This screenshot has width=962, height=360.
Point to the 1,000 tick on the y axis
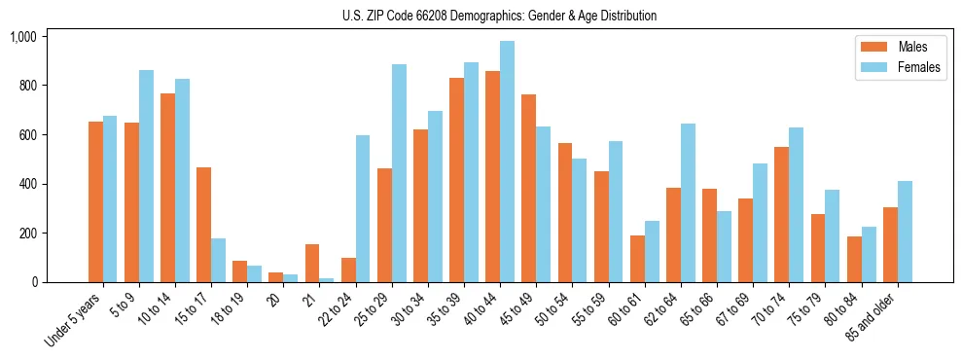click(23, 37)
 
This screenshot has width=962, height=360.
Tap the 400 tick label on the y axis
click(26, 184)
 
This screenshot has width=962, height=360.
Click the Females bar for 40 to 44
click(507, 162)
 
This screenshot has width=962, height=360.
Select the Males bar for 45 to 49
click(528, 188)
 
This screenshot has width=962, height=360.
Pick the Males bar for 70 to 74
click(781, 214)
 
